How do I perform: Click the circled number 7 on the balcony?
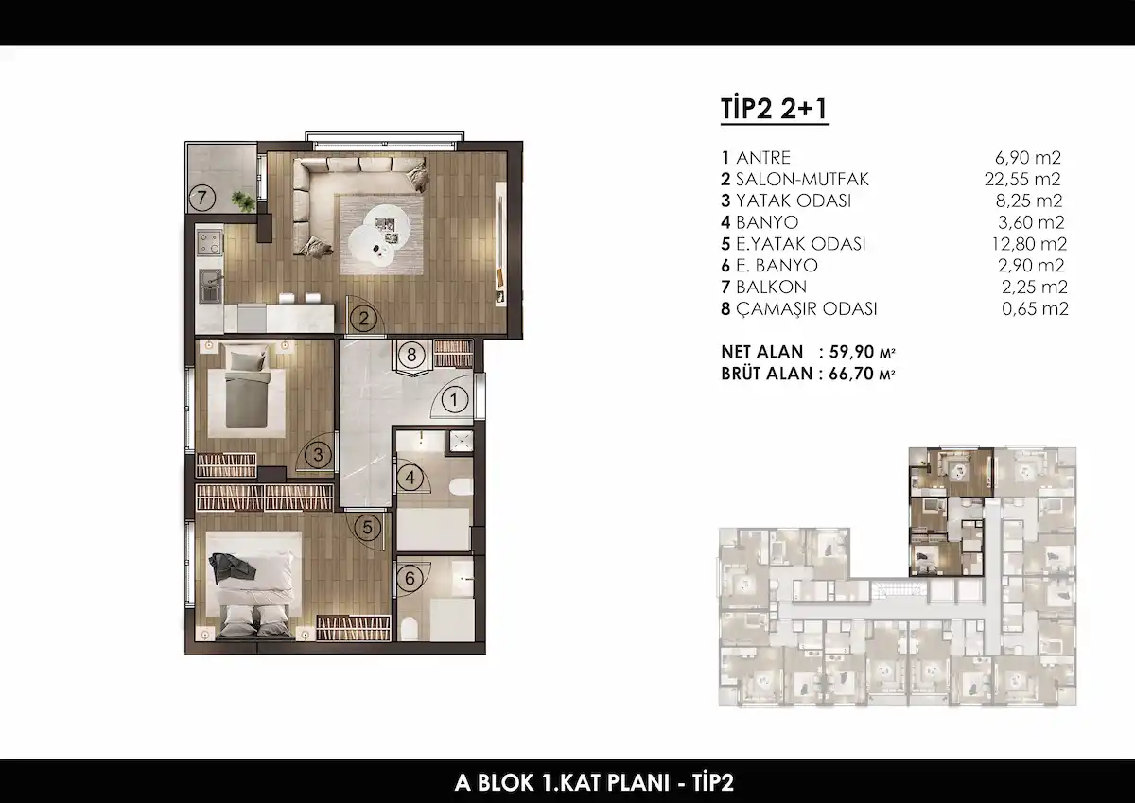pos(202,198)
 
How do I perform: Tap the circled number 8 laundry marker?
pos(410,355)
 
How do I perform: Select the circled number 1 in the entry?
pos(454,400)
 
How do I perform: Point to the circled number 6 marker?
pos(410,578)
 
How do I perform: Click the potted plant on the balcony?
pos(244,201)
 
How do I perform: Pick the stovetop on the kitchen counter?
pos(209,243)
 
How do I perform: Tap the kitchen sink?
pos(210,287)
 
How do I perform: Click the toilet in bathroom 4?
pos(461,487)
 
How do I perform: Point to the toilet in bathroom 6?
pos(409,629)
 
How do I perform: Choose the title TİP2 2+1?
pos(775,109)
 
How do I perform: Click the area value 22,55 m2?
pos(1022,179)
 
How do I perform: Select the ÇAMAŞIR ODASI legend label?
pos(806,309)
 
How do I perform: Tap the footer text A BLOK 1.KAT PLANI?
pos(562,783)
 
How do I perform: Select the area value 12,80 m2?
pos(1029,244)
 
